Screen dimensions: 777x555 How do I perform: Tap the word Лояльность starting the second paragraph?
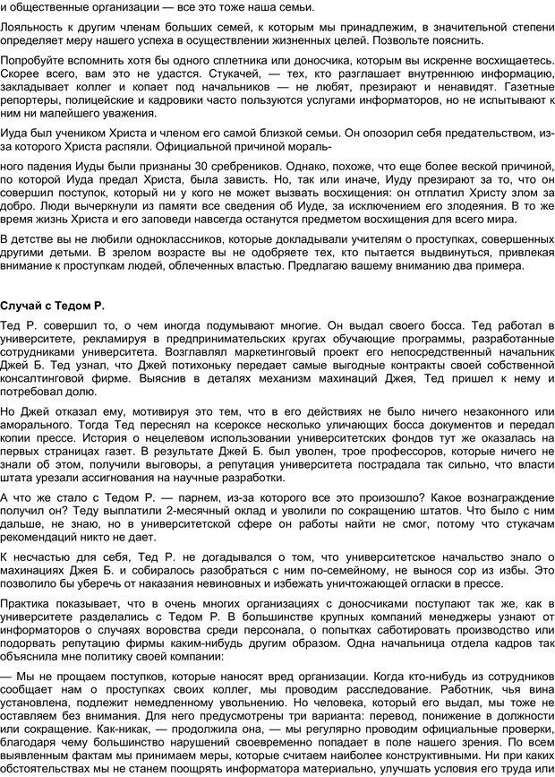pyautogui.click(x=30, y=26)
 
